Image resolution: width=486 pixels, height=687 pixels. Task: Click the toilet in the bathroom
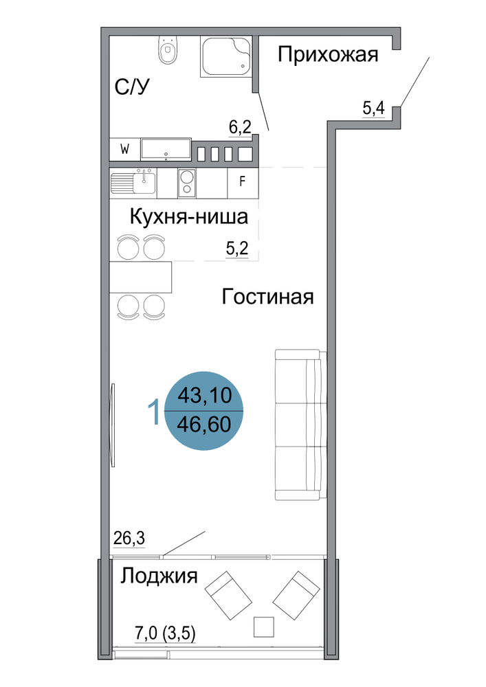coord(167,50)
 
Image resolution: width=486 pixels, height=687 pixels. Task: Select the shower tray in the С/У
coord(226,56)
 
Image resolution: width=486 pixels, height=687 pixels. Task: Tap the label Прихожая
coord(328,55)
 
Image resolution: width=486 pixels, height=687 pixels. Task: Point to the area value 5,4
coord(373,108)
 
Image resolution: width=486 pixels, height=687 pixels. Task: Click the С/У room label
coord(132,87)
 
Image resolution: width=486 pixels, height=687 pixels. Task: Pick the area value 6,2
coord(240,127)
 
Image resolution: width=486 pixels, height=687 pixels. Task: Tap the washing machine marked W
coord(125,150)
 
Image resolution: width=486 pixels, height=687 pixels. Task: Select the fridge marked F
coord(243,182)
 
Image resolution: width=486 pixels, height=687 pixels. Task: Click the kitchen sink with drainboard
coord(133,183)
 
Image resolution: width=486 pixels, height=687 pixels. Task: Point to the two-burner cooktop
coord(187,183)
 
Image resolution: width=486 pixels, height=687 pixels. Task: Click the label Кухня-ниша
coord(189,217)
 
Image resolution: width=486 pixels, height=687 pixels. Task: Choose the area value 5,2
coord(237,249)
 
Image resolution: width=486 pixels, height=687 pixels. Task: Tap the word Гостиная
coord(268,297)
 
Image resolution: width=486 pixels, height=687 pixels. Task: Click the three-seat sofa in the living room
coord(300,425)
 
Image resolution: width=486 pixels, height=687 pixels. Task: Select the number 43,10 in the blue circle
coord(204,395)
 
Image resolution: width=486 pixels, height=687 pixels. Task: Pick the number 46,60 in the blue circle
coord(204,424)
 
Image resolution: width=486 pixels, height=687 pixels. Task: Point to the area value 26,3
coord(129,538)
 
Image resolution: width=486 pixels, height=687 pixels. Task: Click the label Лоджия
coord(159,576)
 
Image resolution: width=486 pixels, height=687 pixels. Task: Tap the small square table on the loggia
coord(264,627)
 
